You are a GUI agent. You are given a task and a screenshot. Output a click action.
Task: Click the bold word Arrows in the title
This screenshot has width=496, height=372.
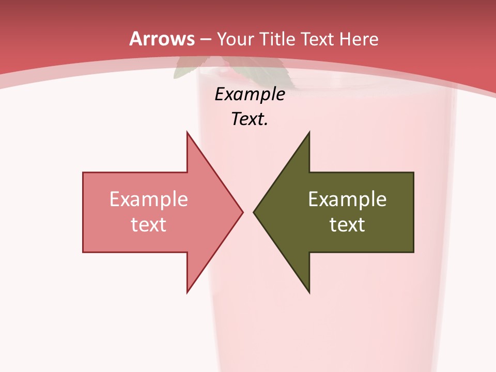click(162, 39)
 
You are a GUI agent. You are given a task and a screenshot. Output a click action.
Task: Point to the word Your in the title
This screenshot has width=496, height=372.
click(234, 39)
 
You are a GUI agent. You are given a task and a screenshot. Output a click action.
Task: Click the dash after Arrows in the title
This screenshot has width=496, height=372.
click(206, 39)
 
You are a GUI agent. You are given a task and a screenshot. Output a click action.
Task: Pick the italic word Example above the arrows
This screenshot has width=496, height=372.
click(250, 94)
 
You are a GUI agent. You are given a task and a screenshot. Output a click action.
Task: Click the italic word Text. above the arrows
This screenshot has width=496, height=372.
click(250, 119)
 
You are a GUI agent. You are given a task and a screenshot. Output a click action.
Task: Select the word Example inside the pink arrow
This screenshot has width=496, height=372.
click(148, 199)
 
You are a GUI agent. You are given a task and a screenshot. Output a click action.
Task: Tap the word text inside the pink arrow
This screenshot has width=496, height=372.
click(148, 224)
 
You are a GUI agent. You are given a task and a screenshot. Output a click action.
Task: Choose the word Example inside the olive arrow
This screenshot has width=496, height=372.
click(347, 199)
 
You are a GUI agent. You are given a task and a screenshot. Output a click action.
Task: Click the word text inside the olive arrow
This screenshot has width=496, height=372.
click(347, 224)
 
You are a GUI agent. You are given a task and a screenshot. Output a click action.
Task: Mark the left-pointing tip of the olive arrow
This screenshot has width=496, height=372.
click(254, 212)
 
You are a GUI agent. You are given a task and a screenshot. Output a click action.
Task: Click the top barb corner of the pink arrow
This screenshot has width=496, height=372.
click(187, 132)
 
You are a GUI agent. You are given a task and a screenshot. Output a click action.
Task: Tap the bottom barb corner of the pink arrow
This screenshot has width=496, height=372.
click(187, 292)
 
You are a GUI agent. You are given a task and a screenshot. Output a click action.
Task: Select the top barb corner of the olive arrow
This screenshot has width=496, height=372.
click(309, 132)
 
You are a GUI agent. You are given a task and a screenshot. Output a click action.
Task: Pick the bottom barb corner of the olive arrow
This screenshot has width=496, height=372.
click(309, 292)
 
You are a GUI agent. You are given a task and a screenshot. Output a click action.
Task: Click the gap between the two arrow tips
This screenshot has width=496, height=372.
click(248, 212)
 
